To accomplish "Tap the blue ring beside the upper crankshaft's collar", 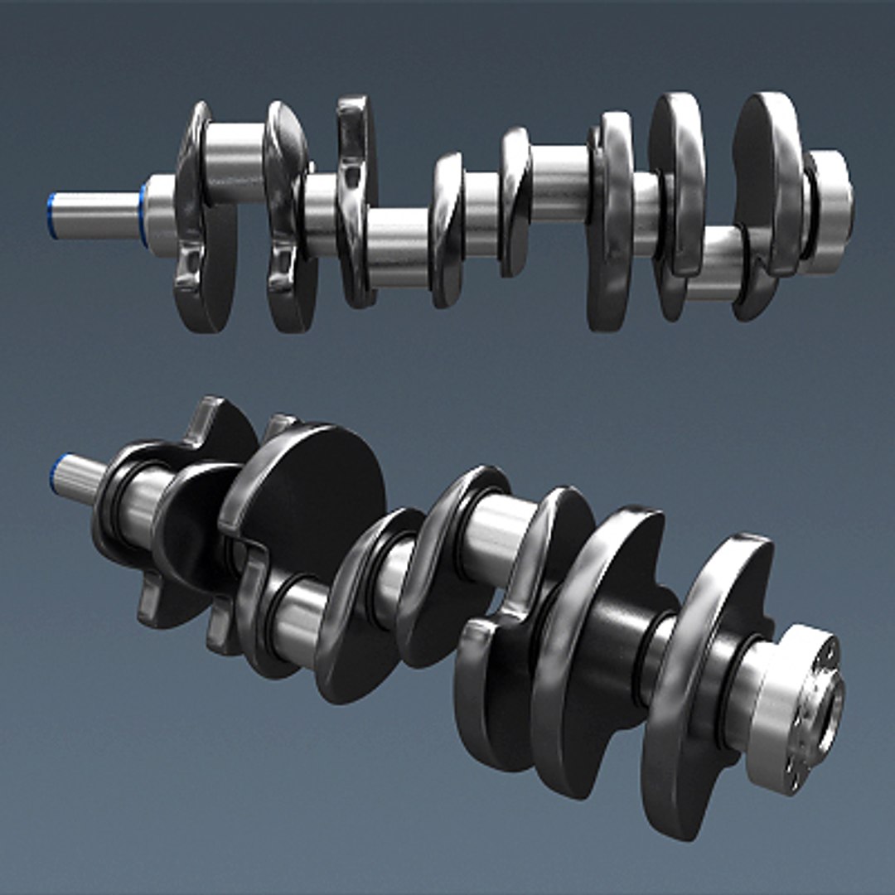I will [144, 215].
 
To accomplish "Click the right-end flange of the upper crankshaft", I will [831, 210].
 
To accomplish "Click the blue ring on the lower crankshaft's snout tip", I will [55, 475].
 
